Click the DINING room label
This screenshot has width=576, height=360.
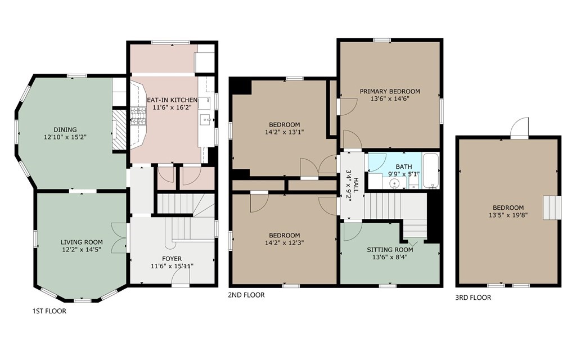(x=65, y=130)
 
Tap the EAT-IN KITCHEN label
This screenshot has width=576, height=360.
(x=172, y=100)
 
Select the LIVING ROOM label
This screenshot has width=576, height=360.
(x=82, y=242)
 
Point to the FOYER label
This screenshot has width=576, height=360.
(x=172, y=259)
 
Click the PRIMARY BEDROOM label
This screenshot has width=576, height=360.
(x=390, y=92)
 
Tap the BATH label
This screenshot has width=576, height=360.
(x=404, y=166)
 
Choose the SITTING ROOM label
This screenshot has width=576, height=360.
(x=390, y=250)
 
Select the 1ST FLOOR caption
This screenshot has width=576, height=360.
(x=49, y=311)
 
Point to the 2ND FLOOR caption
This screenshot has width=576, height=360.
(x=246, y=295)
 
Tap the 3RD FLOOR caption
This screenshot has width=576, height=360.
(x=473, y=298)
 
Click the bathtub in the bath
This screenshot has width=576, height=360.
(x=431, y=171)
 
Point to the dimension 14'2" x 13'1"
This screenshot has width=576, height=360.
(x=284, y=132)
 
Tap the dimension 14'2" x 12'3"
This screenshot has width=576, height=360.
(x=284, y=243)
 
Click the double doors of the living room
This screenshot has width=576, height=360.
(x=119, y=238)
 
